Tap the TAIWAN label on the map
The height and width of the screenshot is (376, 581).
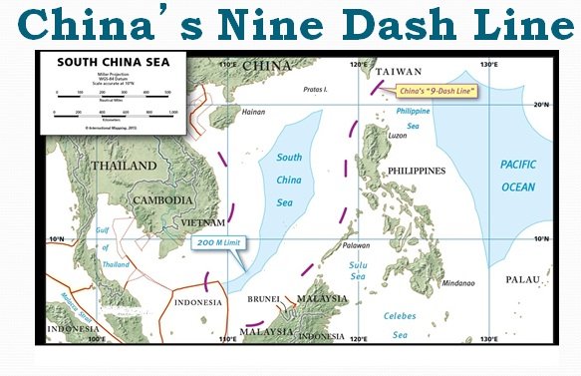397,72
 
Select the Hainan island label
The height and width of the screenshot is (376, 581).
254,112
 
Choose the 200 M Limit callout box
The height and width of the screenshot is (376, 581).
217,243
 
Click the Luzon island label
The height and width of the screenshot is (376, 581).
396,134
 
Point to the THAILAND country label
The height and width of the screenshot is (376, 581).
125,166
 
